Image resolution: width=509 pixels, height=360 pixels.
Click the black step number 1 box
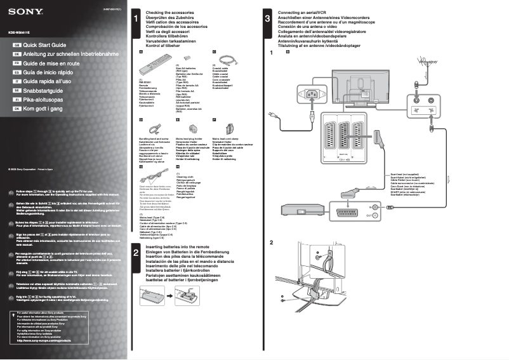coord(136,18)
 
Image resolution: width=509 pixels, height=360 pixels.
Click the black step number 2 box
coord(136,253)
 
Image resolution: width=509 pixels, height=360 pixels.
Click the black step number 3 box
coord(267,18)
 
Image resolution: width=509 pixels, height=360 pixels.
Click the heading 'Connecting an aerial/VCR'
coord(307,13)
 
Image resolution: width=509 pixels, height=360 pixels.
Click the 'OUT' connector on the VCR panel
coord(374,216)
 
